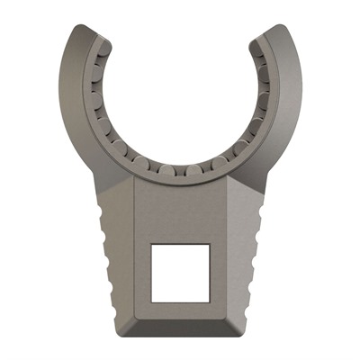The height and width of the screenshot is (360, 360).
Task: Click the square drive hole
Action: (180, 272)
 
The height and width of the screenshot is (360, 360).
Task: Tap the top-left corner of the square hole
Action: (150, 244)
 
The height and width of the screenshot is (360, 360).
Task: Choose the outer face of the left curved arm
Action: (73, 99)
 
